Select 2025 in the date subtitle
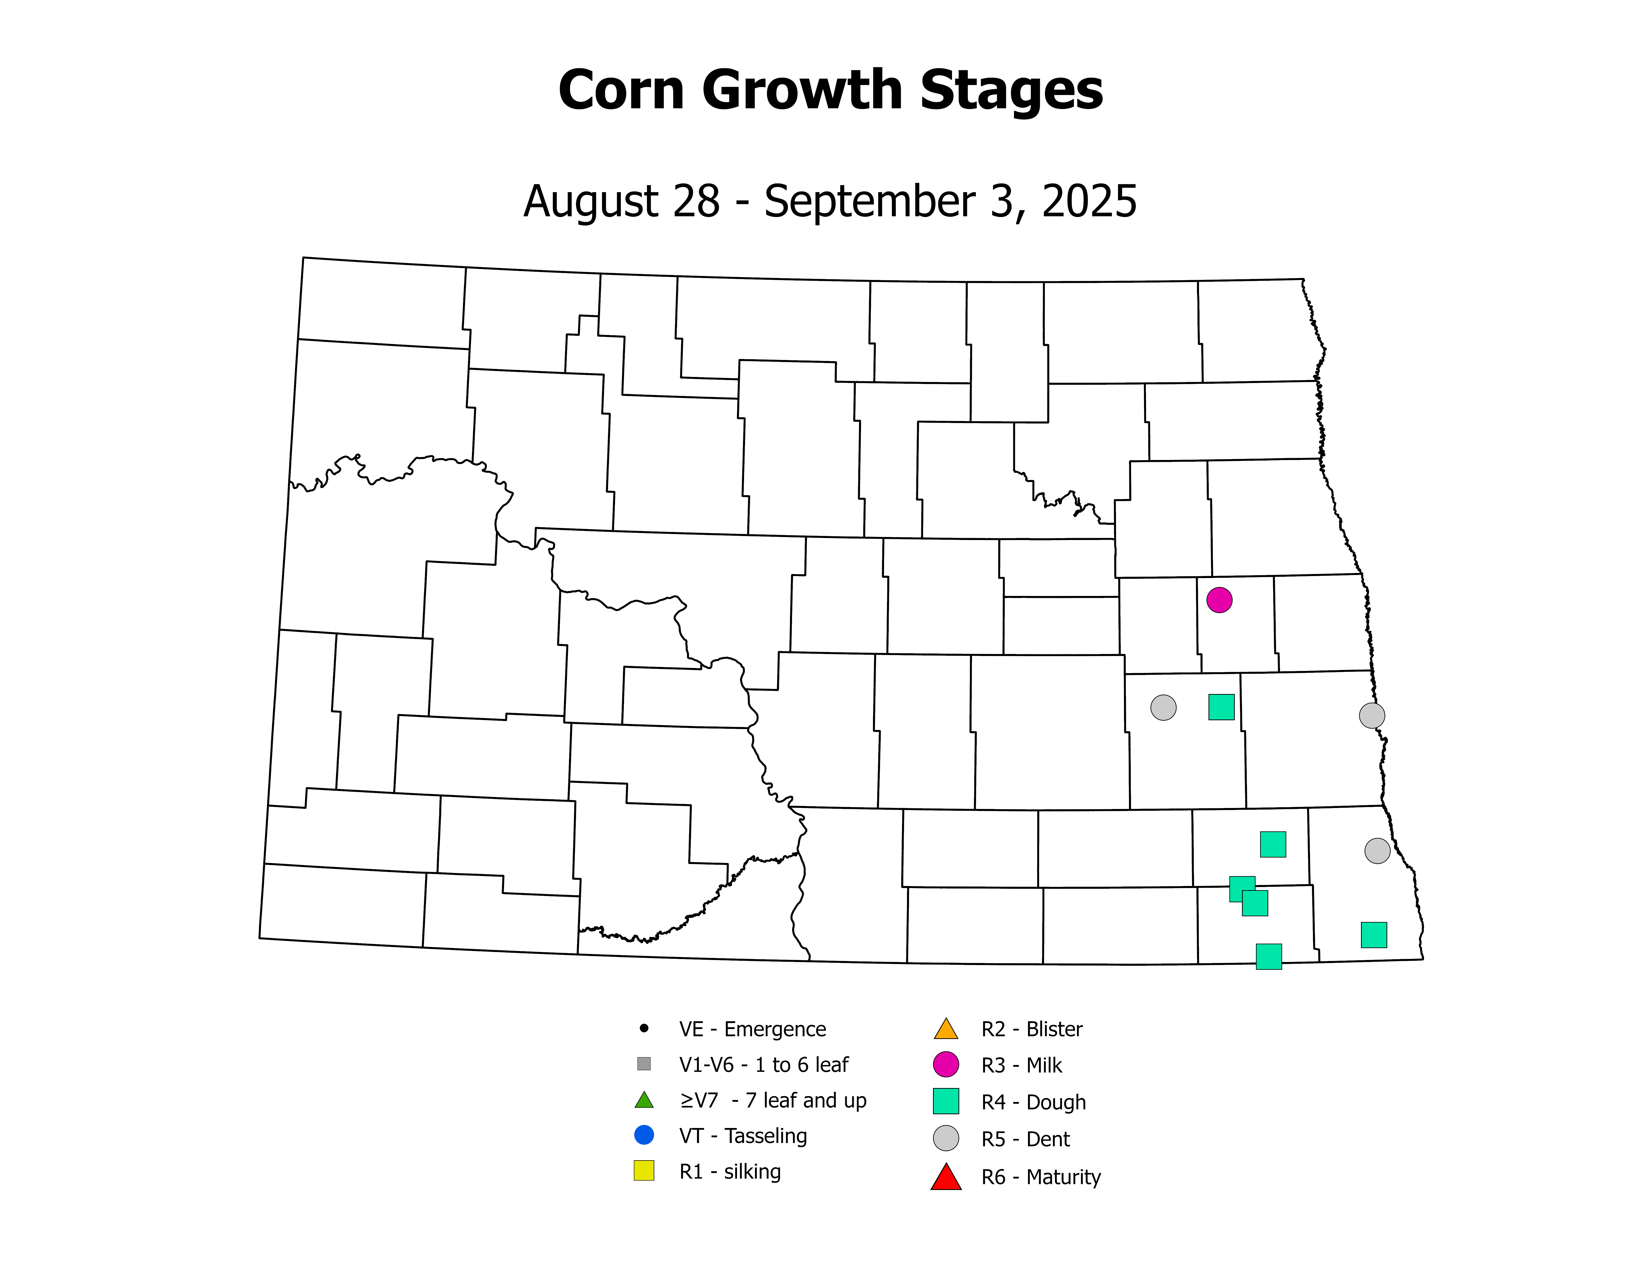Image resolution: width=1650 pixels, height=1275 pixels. click(x=1089, y=202)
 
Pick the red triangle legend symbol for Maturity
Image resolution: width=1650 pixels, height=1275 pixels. click(x=946, y=1177)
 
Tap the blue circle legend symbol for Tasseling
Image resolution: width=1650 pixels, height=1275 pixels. click(x=644, y=1134)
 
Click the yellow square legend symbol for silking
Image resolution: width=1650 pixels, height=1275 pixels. click(x=644, y=1171)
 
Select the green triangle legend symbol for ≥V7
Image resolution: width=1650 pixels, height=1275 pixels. click(x=644, y=1100)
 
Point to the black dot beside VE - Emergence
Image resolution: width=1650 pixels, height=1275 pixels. click(x=644, y=1028)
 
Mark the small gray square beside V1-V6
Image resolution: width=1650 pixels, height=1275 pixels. click(x=644, y=1063)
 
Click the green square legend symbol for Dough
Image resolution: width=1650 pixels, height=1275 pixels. click(x=946, y=1101)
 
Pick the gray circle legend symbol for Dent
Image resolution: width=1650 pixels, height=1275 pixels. click(x=946, y=1138)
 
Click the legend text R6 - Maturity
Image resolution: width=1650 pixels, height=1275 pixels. click(x=1040, y=1177)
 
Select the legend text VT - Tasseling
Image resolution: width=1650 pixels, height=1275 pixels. click(x=743, y=1136)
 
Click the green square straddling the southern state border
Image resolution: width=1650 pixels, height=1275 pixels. click(x=1268, y=956)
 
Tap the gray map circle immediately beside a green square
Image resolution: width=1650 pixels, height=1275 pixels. click(x=1163, y=708)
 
